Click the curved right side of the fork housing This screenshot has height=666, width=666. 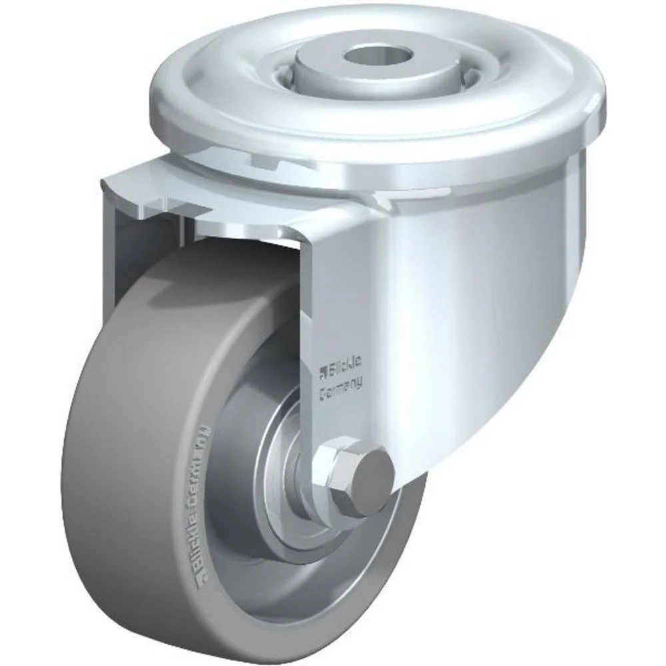[506, 300]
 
